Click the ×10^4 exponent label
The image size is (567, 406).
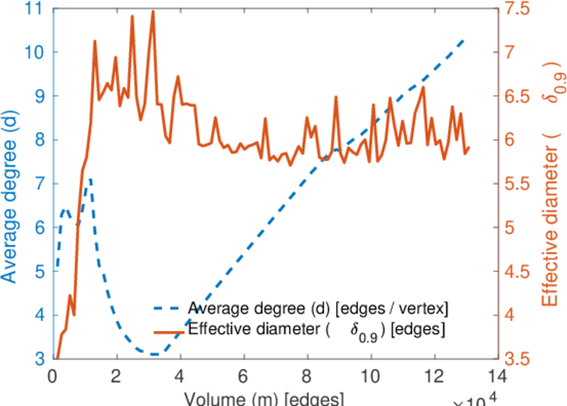(477, 399)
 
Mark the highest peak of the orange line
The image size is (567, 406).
(153, 11)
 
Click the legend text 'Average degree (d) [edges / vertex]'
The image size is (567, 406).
(318, 309)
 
